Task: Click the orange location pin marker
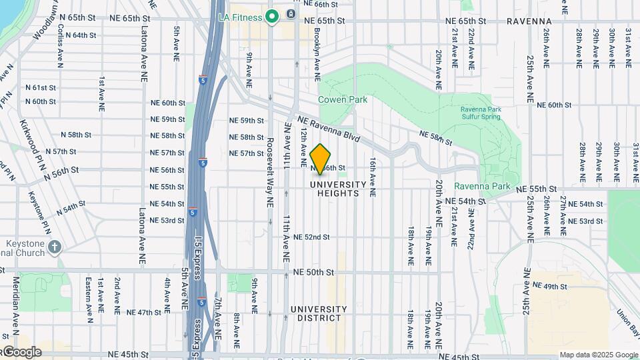point(321,159)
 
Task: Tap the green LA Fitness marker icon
point(272,16)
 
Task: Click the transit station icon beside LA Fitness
point(291,14)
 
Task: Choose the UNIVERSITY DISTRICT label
point(319,313)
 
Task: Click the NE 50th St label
point(313,273)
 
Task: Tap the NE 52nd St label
point(311,237)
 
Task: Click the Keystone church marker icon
point(55,247)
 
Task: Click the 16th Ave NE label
point(373,176)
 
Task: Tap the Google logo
point(21,352)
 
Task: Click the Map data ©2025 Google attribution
point(599,355)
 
